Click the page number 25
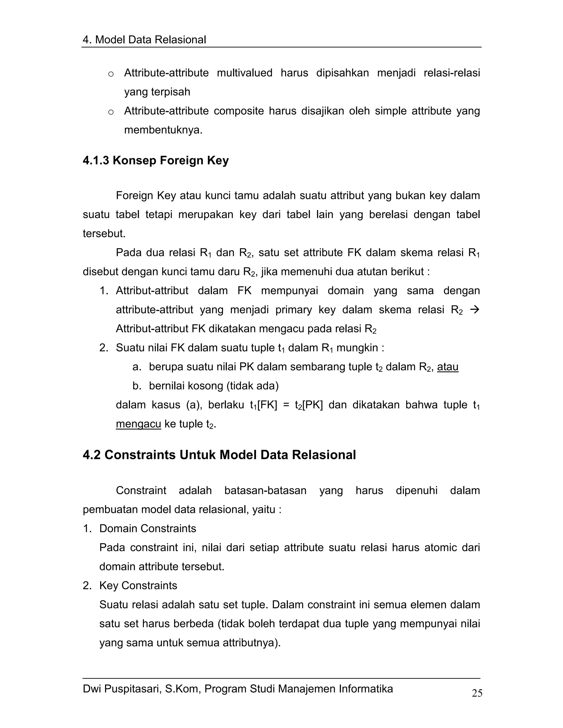click(477, 693)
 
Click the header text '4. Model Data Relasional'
click(144, 40)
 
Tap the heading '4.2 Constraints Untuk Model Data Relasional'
click(219, 455)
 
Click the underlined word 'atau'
click(448, 367)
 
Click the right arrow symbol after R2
click(474, 310)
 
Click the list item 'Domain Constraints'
click(147, 528)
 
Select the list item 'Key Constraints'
click(138, 585)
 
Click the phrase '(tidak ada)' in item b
click(252, 386)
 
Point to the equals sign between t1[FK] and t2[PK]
click(286, 405)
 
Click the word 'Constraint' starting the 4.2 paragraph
click(141, 490)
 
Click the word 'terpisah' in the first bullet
click(171, 92)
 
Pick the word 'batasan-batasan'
click(265, 490)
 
